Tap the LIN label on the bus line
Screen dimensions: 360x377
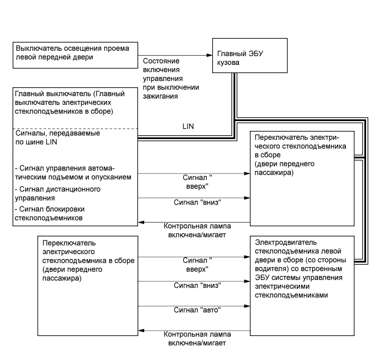click(188, 125)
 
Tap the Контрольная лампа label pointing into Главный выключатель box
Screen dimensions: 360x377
click(195, 230)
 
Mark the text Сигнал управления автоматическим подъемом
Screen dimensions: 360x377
click(68, 172)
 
